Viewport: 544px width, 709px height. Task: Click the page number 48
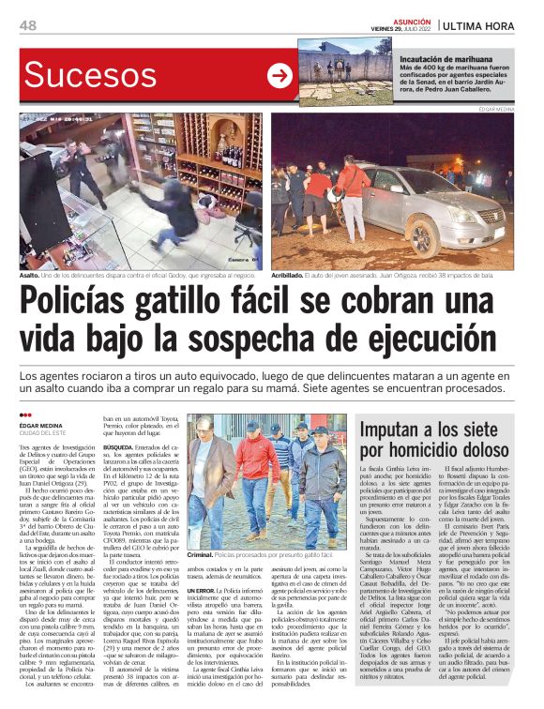(29, 25)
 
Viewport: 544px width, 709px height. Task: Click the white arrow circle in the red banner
(280, 75)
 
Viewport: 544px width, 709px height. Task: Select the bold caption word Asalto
(32, 276)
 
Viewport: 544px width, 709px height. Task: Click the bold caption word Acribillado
(294, 276)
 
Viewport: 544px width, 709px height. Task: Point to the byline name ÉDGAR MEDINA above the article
(45, 424)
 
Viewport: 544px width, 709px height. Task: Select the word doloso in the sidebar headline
(490, 454)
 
